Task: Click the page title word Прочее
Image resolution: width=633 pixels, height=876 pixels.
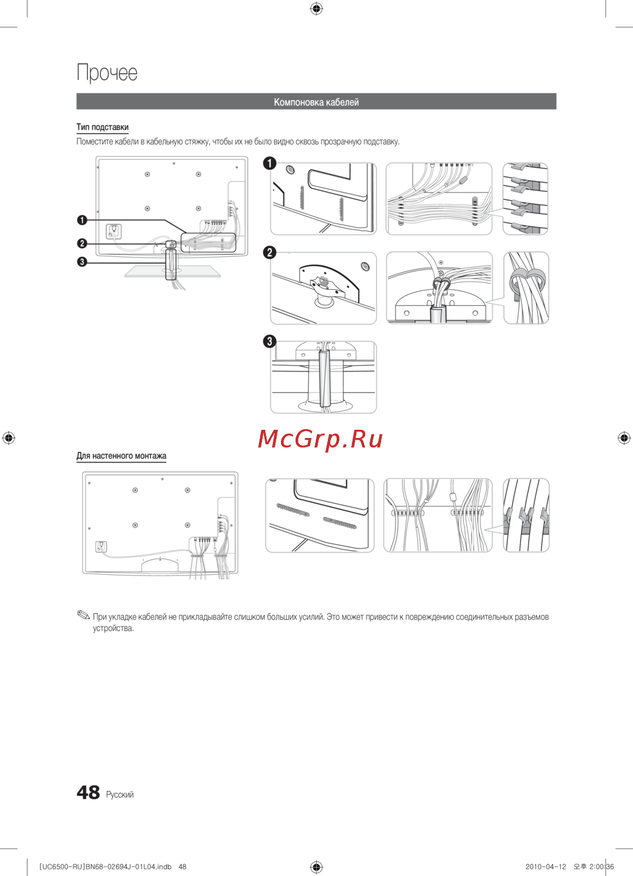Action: point(107,72)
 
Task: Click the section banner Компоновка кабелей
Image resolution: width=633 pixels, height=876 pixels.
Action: point(316,102)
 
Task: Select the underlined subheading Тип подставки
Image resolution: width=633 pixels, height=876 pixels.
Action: point(103,127)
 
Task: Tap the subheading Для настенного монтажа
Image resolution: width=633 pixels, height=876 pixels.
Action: point(122,456)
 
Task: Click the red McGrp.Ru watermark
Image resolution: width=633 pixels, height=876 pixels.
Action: point(320,439)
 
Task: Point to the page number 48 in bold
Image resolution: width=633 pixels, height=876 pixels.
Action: point(88,792)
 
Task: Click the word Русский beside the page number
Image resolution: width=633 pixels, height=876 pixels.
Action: point(120,794)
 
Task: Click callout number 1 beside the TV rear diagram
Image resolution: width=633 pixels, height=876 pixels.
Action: point(82,220)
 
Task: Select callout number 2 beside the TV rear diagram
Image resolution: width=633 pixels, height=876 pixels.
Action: point(82,244)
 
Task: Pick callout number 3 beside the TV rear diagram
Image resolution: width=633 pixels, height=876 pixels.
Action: point(82,261)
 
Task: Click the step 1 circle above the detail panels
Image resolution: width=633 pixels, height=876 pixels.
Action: point(270,163)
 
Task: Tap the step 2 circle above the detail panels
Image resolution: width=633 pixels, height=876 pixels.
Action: point(270,253)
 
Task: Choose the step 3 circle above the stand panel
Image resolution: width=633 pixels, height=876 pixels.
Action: point(270,341)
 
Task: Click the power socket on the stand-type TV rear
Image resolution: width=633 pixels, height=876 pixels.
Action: point(114,231)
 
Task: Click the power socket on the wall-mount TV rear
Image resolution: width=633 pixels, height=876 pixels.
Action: point(101,546)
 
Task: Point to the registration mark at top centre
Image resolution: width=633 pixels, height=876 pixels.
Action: point(316,9)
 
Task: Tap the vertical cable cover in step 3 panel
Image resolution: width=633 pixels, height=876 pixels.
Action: point(324,379)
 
